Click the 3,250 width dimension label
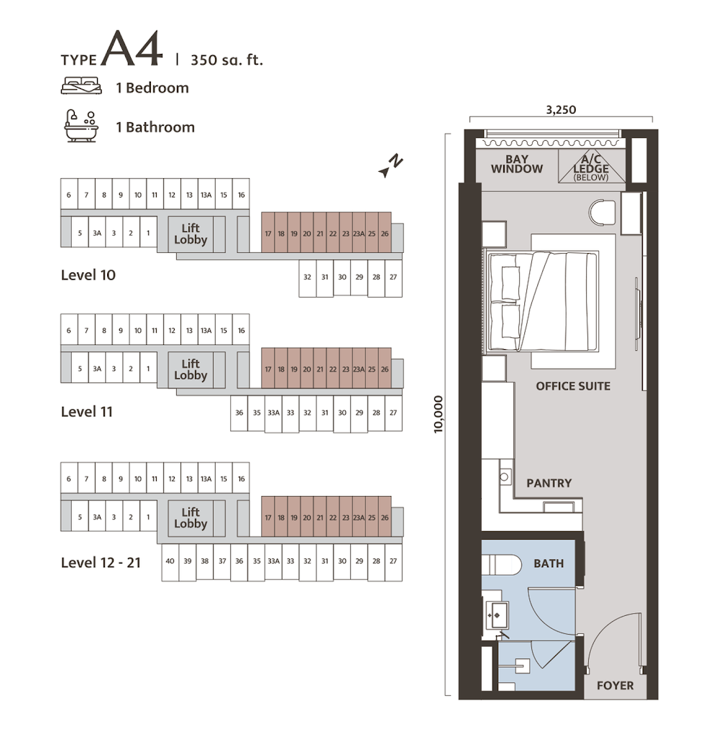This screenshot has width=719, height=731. tap(561, 110)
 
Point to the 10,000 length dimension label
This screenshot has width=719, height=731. tap(439, 415)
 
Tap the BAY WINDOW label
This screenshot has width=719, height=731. tap(517, 164)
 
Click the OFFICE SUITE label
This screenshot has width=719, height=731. tap(573, 386)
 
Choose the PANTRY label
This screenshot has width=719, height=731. tap(549, 483)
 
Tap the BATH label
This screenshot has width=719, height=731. tap(549, 564)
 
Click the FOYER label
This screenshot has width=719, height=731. tap(615, 686)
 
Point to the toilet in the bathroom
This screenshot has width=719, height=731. tap(501, 565)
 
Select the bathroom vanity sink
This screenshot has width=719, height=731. tap(497, 615)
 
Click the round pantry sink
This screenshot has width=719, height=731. tap(504, 477)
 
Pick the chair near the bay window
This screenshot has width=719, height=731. tap(603, 213)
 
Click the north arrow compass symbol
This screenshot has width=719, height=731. tap(390, 166)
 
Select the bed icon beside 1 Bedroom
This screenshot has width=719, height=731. tap(81, 86)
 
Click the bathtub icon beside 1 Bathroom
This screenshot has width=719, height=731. tap(81, 126)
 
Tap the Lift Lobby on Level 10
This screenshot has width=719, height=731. tap(191, 234)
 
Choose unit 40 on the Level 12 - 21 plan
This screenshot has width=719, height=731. tap(170, 562)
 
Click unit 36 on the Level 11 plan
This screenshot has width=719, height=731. tap(239, 413)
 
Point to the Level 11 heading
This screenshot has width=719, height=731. tap(87, 412)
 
